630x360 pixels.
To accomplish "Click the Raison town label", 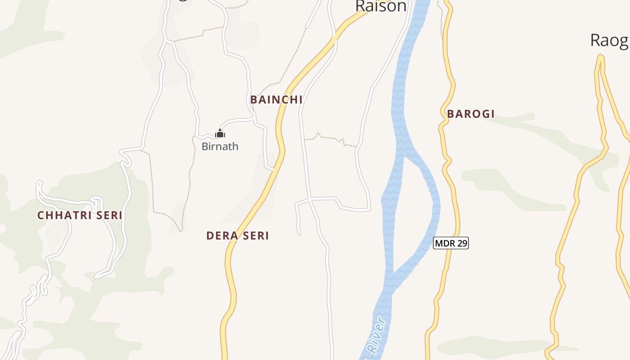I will (380, 6).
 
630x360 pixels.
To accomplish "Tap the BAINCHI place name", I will (276, 99).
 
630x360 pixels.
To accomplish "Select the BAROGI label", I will (471, 114).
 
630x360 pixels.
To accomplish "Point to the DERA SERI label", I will (238, 235).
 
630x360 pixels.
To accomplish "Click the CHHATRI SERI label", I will (80, 216).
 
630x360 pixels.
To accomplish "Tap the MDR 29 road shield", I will (451, 243).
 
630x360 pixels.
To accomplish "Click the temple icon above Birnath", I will (220, 133).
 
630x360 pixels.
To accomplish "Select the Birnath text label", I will (220, 146).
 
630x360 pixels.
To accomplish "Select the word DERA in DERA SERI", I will (221, 235).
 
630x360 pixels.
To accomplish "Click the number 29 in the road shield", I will (461, 243).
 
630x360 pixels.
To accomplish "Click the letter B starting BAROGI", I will (450, 114).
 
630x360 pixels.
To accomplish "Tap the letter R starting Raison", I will (360, 6).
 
